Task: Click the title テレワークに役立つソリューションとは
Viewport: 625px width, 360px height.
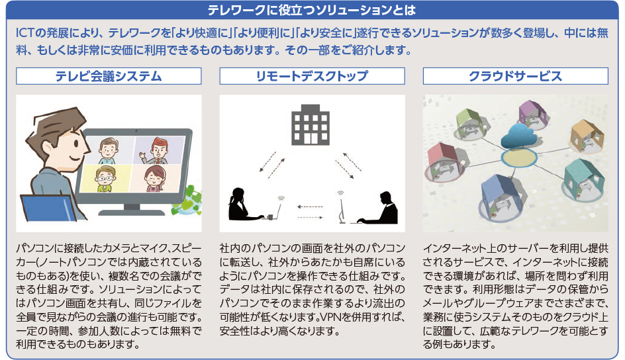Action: [x=312, y=10]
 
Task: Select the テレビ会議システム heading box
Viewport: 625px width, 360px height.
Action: [x=109, y=76]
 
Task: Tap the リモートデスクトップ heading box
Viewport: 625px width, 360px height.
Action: [x=312, y=76]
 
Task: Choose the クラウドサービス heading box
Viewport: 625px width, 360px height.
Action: [x=515, y=76]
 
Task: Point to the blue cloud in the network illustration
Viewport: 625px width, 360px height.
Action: [x=518, y=136]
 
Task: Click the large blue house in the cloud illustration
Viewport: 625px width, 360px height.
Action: [x=501, y=195]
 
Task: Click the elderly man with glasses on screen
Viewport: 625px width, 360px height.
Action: [x=105, y=179]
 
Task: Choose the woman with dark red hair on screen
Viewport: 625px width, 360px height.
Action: [x=155, y=179]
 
